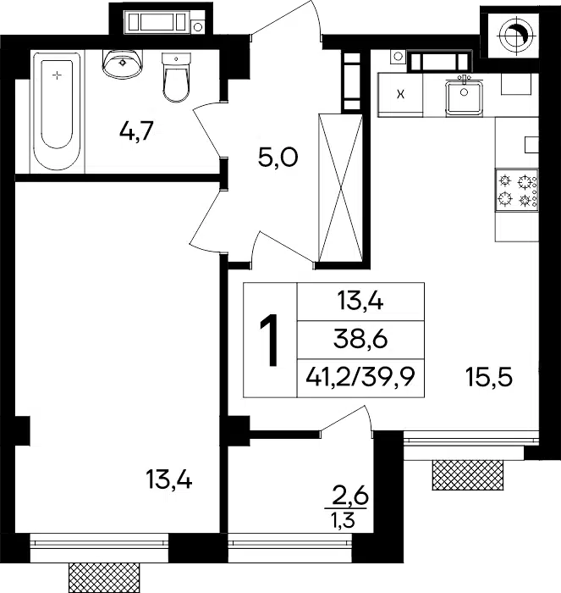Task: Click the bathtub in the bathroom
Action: pos(57,112)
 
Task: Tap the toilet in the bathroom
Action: pos(176,78)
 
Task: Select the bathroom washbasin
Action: pos(123,64)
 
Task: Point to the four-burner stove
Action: pos(516,191)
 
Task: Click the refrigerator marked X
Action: pos(400,95)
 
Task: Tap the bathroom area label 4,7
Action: pos(136,131)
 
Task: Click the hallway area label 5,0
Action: pos(278,158)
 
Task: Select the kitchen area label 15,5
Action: pos(489,378)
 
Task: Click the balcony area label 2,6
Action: pos(349,497)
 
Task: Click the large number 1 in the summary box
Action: pos(269,341)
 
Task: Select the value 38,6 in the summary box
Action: pos(360,340)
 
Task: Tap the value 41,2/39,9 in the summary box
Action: pos(360,377)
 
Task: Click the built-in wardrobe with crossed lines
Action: pos(341,188)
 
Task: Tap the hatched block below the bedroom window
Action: pos(104,578)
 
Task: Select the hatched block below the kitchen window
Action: pos(468,475)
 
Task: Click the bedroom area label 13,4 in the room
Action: pos(169,480)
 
